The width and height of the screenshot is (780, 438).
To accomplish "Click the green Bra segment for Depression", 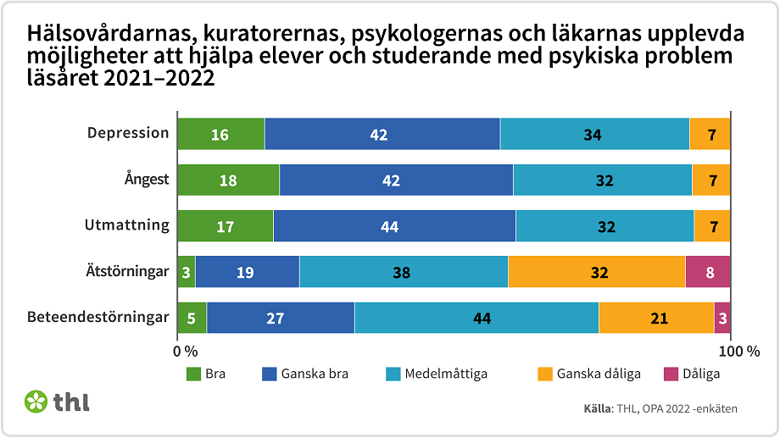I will pos(220,134).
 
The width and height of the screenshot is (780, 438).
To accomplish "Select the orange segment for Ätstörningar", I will pos(596,272).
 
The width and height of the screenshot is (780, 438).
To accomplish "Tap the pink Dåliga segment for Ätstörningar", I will pos(708,272).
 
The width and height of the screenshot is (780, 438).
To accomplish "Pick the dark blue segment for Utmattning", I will pos(394,226).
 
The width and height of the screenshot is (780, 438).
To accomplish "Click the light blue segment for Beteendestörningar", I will pos(476,319).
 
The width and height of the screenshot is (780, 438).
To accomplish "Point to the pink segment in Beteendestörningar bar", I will pos(722,319).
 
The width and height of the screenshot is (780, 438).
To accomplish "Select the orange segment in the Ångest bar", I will pos(711,180).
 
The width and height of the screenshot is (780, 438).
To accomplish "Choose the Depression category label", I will pos(129,133).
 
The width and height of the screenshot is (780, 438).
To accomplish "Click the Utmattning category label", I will pos(127,225).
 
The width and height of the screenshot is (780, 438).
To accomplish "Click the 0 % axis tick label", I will pos(185,351).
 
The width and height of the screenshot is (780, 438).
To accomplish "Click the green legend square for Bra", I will pos(192,374).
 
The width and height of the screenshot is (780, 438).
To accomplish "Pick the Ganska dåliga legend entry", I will pos(598,374).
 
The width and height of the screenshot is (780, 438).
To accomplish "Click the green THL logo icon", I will pos(36,402).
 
